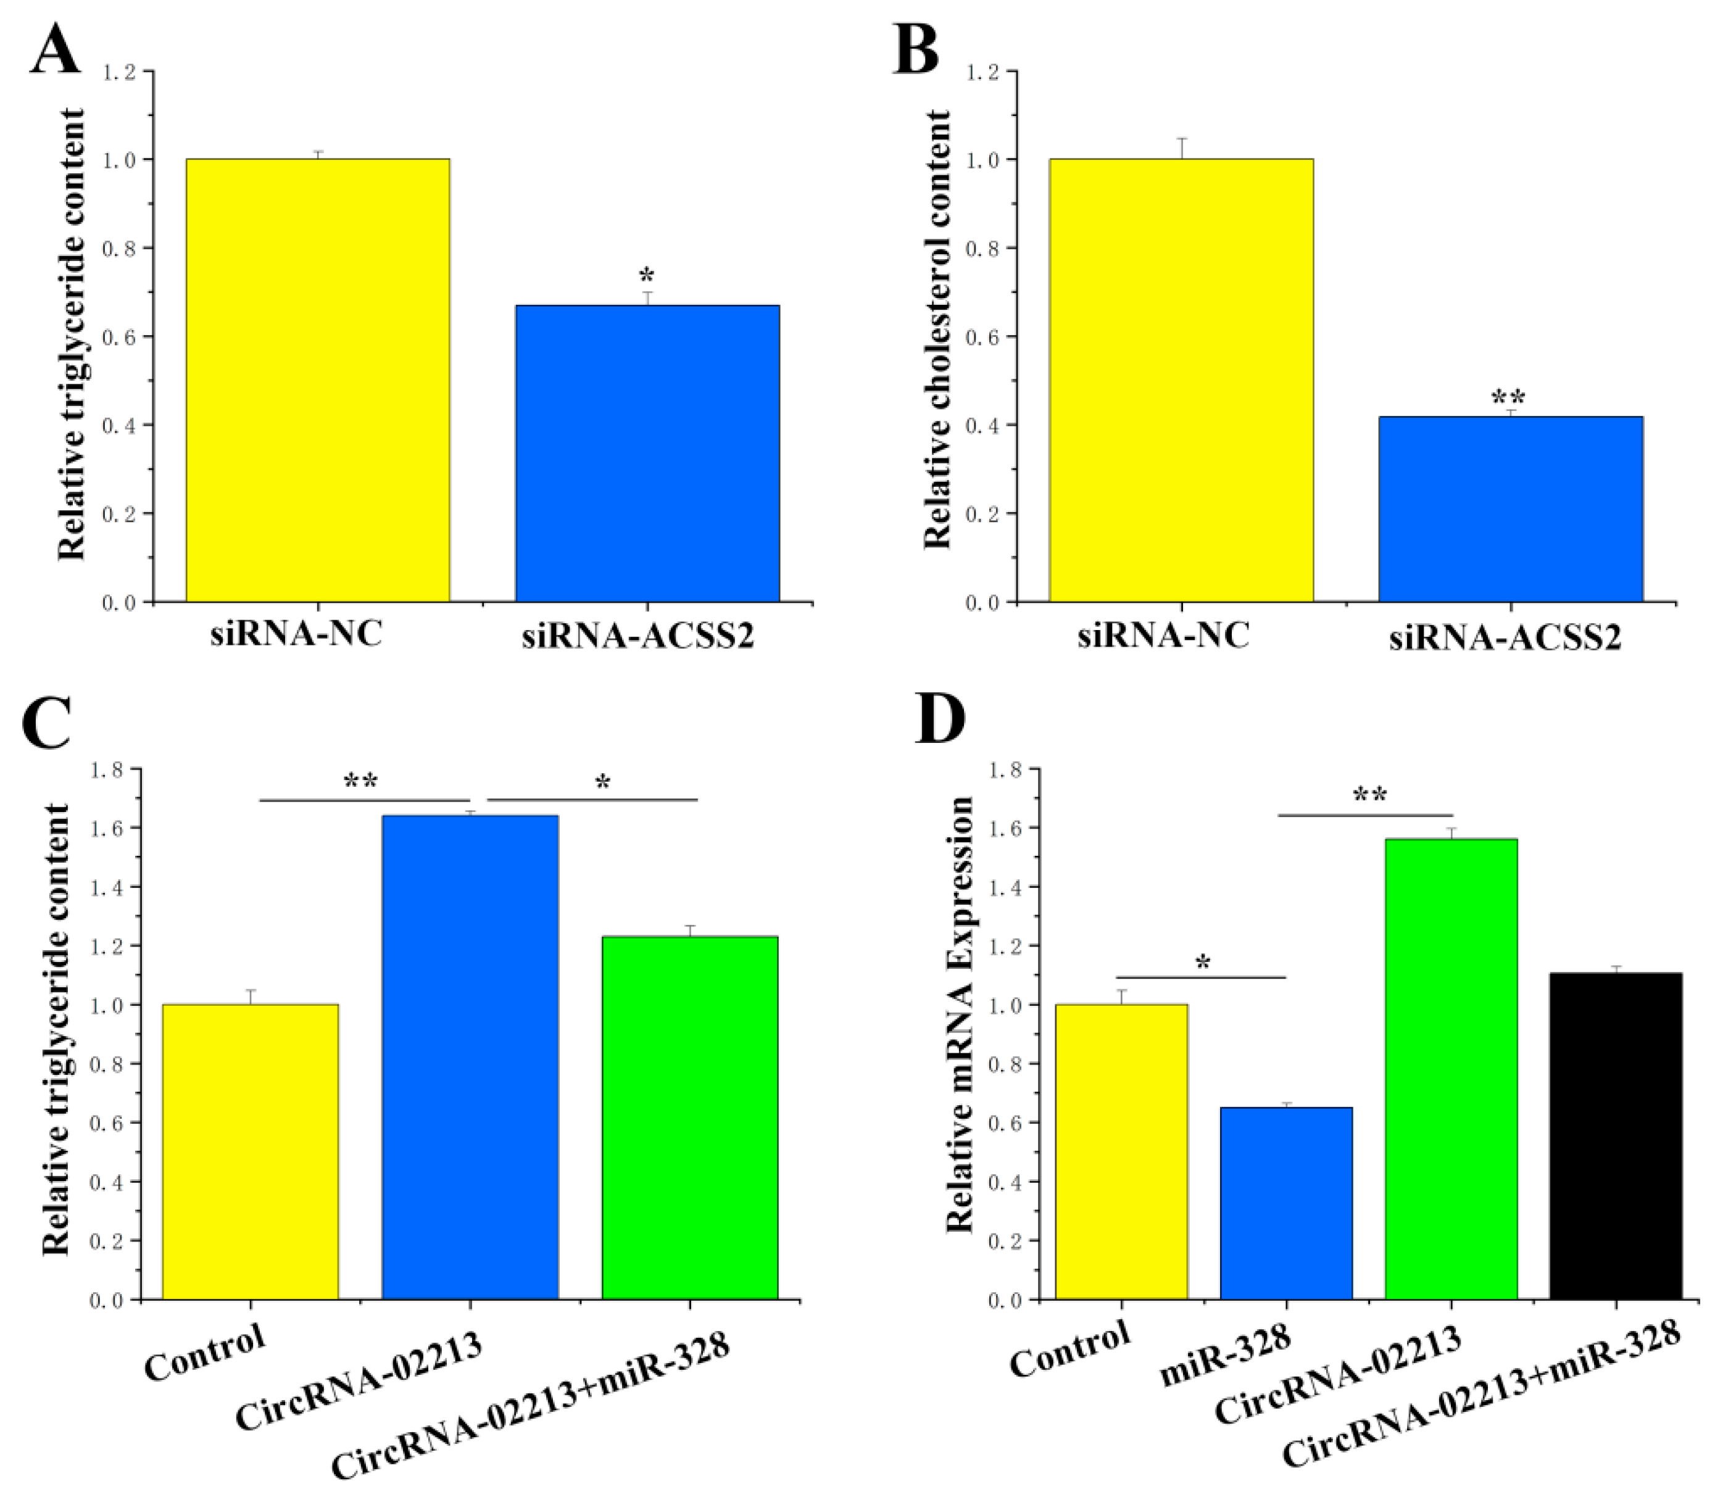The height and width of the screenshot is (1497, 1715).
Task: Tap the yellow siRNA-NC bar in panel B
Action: pyautogui.click(x=1181, y=380)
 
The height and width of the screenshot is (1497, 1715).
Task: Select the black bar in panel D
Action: pyautogui.click(x=1616, y=1135)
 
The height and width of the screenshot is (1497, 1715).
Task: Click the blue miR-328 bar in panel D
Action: pyautogui.click(x=1285, y=1203)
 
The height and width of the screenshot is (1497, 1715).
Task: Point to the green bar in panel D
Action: pyautogui.click(x=1451, y=1069)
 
